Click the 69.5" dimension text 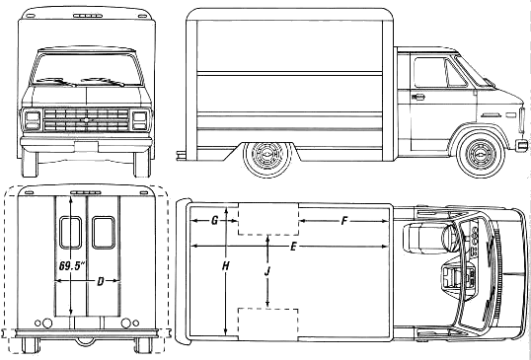71,265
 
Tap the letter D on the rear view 101,281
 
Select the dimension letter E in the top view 293,247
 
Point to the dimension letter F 344,221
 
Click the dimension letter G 215,221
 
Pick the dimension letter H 226,266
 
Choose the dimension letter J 267,270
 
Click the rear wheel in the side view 267,159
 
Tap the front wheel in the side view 481,154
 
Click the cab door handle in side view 418,97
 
